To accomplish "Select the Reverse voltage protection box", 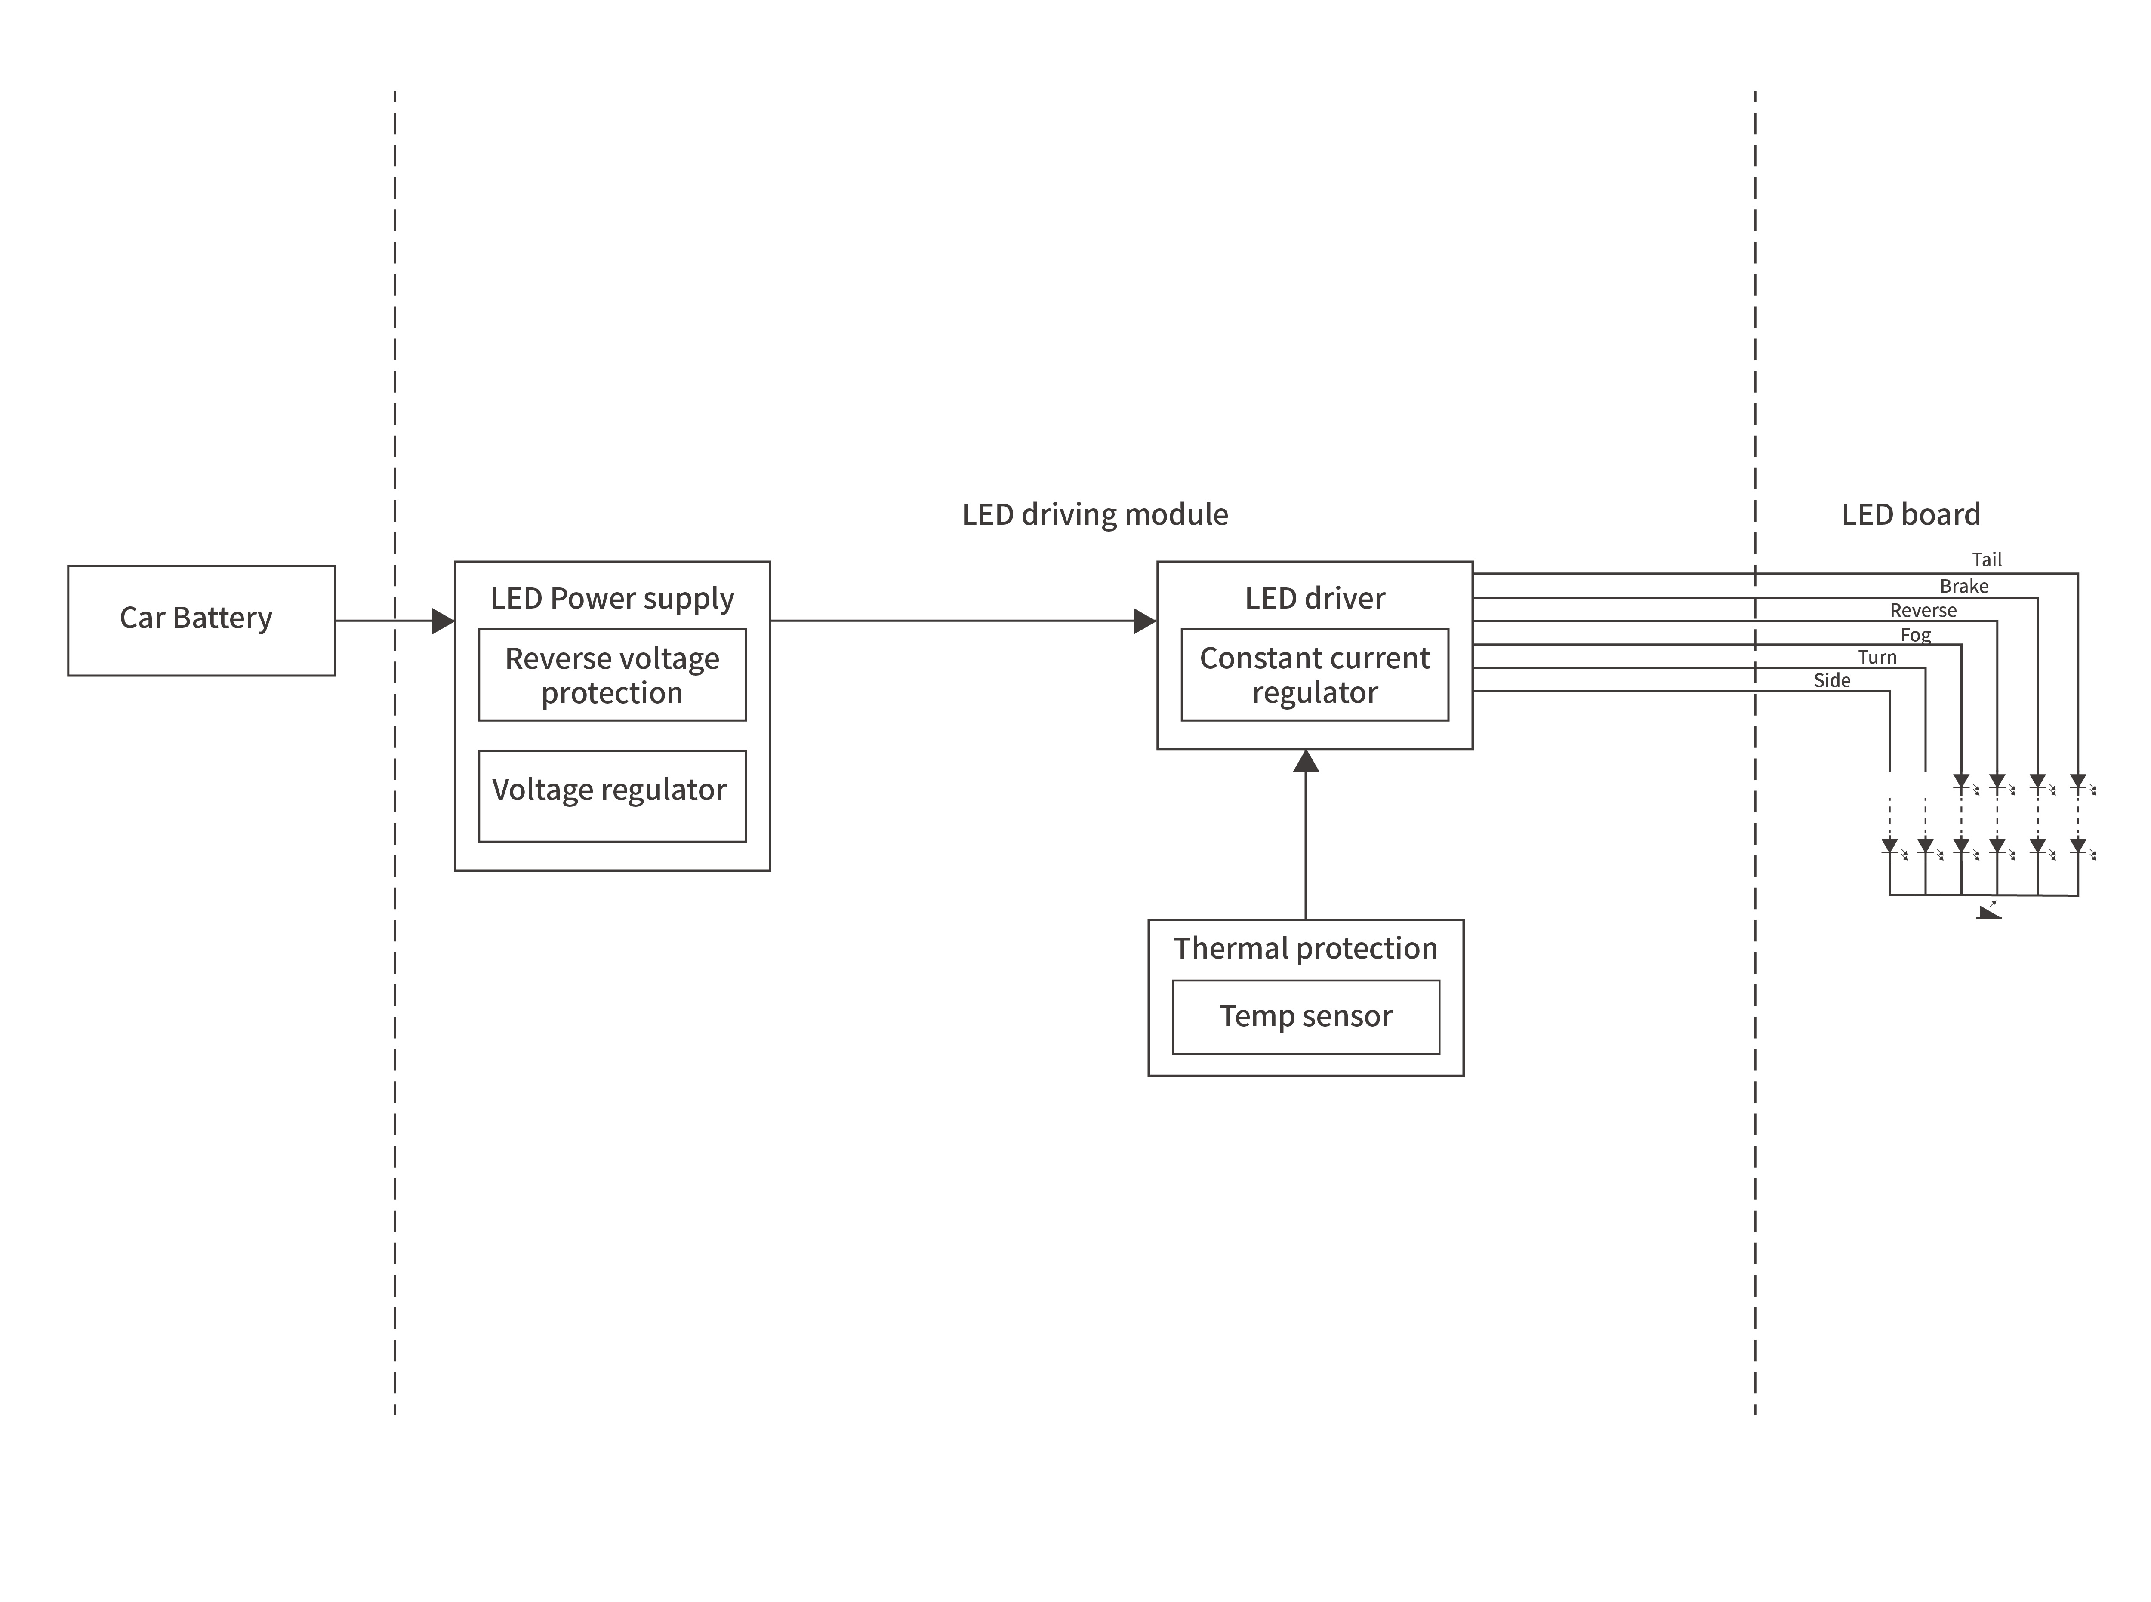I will coord(612,675).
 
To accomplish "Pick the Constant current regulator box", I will coord(1314,675).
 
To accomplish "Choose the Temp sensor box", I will coord(1305,1016).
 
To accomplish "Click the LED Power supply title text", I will coord(612,598).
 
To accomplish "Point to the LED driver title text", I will coord(1314,598).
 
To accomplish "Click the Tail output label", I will coord(1986,560).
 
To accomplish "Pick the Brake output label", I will coord(1964,586).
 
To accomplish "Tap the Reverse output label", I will coord(1923,610).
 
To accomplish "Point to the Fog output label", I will coord(1915,634).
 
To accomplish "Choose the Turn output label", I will coord(1877,658).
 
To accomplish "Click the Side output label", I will coord(1832,681).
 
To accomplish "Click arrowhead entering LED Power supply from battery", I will coord(443,621).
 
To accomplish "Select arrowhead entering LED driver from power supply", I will coord(1145,621).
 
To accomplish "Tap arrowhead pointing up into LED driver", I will coord(1305,761).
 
